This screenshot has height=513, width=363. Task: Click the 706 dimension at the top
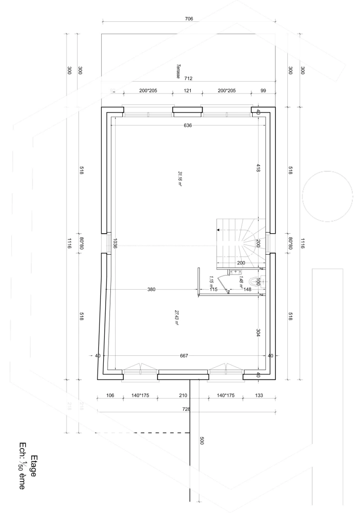coord(189,19)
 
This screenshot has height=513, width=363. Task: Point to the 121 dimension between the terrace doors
coord(187,90)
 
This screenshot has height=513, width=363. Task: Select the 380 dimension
coord(151,289)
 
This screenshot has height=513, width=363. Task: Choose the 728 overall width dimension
coord(186,409)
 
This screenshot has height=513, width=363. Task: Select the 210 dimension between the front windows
coord(182,395)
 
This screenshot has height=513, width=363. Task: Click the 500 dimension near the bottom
coord(201,441)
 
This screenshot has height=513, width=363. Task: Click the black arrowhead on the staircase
coord(218,230)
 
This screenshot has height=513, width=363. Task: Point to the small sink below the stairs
coord(235,272)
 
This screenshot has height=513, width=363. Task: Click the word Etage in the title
coord(34,465)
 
